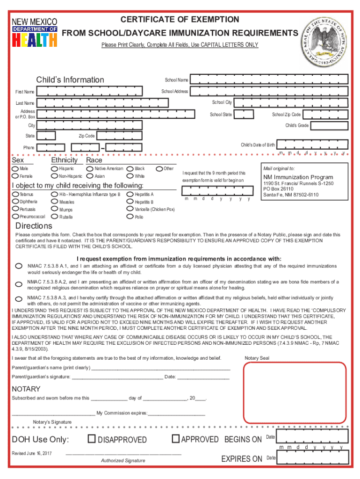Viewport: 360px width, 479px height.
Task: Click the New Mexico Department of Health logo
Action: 35,33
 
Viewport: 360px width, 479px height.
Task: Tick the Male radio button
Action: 16,168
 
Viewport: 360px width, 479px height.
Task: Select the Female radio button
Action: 16,176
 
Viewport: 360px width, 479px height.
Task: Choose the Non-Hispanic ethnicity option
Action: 55,176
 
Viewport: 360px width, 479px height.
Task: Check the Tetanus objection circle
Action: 16,194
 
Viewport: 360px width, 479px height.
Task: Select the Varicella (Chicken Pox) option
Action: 130,209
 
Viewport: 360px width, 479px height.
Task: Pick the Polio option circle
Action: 130,217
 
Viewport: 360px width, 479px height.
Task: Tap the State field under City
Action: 46,136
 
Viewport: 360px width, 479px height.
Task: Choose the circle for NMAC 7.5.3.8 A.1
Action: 19,266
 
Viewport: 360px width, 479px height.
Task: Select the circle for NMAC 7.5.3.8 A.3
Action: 19,299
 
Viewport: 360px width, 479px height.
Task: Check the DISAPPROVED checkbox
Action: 92,439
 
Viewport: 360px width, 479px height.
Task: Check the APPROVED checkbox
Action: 176,439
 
